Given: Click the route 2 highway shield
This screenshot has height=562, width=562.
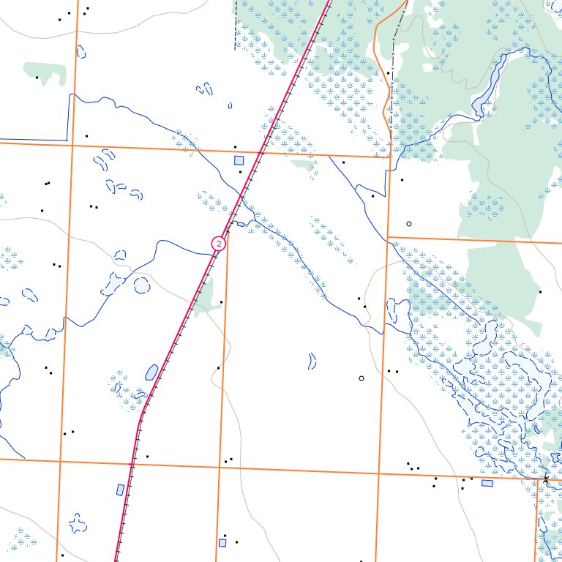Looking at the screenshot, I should (x=219, y=244).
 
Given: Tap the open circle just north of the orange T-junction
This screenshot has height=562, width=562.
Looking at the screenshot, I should (x=409, y=223).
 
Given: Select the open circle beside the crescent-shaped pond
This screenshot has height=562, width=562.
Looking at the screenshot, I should (x=361, y=378).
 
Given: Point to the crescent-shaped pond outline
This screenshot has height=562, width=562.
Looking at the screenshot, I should (x=312, y=360).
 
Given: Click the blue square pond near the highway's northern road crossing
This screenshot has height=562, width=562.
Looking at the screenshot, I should (x=238, y=160).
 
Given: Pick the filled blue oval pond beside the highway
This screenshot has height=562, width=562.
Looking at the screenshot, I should (x=151, y=372).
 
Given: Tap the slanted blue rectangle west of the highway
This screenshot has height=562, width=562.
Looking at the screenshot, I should (x=121, y=490).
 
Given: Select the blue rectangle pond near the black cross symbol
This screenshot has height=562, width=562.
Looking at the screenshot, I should (x=487, y=483).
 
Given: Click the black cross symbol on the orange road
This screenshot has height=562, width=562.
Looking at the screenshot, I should (x=545, y=480).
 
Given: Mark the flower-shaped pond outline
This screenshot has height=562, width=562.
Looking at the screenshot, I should (x=77, y=522).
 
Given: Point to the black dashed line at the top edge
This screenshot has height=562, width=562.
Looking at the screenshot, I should (x=236, y=26).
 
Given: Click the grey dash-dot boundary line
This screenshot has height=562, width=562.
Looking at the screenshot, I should (x=394, y=66).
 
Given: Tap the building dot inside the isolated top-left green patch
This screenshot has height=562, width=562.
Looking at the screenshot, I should (x=37, y=77).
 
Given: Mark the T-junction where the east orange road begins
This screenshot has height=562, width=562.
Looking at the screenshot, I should (x=386, y=237).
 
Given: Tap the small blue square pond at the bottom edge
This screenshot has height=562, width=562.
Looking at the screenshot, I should (x=222, y=542).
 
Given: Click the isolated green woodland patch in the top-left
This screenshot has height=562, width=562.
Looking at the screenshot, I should (x=45, y=71).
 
